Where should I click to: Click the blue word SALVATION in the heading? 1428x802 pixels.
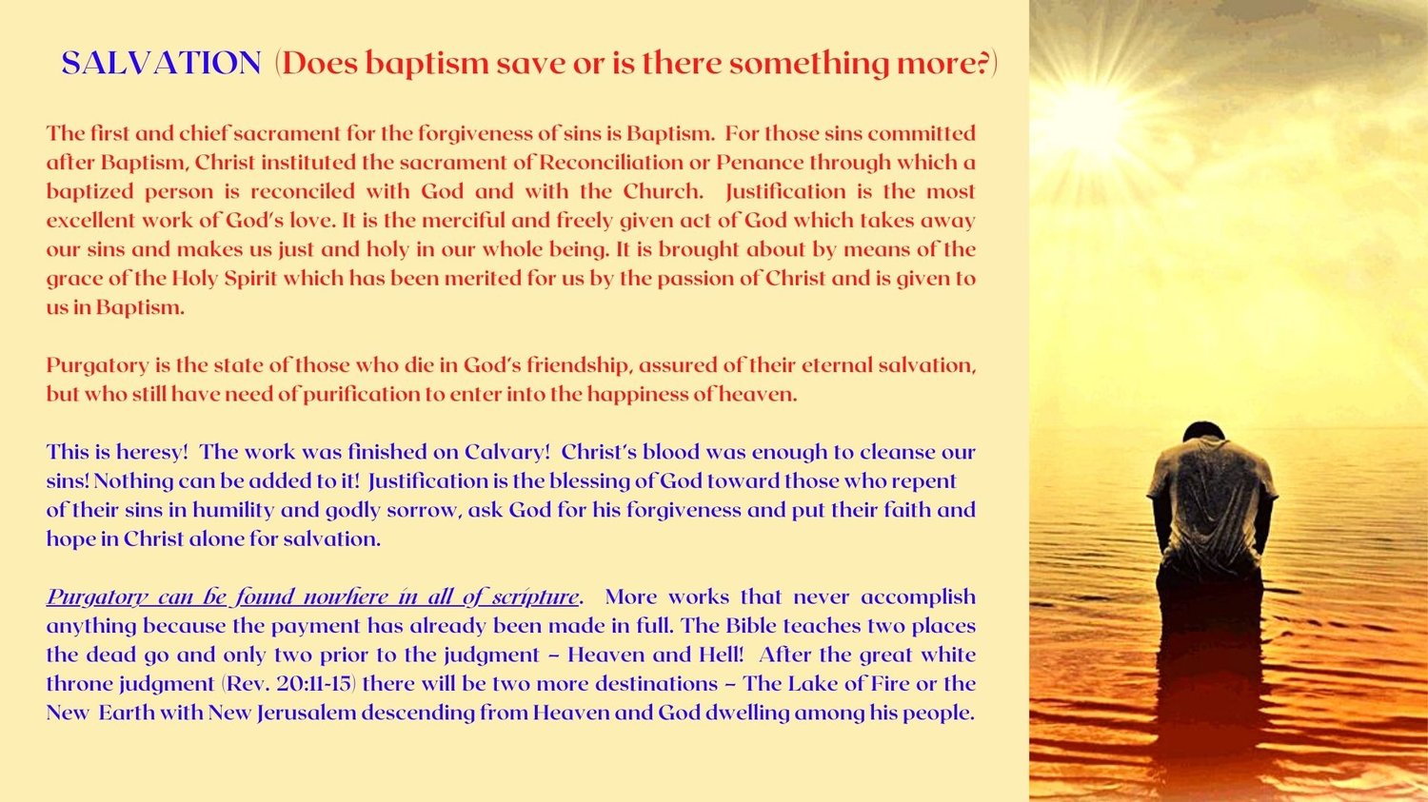pos(161,63)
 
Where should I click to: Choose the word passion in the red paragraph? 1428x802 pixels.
pos(694,279)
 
